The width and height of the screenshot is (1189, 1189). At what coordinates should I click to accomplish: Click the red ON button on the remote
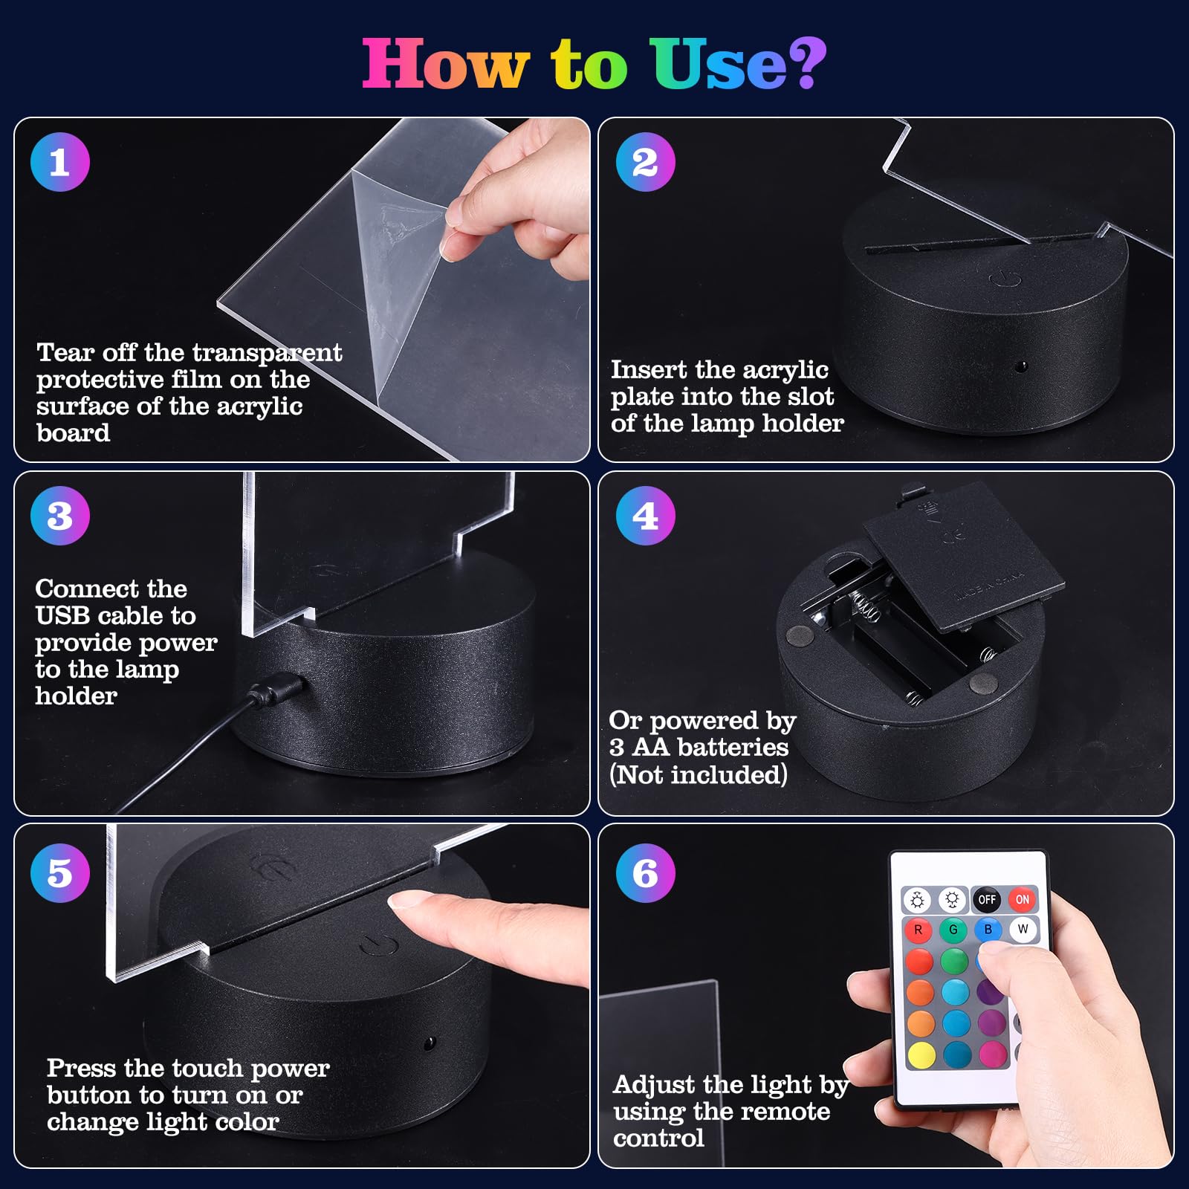click(1022, 900)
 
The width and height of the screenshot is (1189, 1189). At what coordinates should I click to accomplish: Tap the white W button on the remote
click(1023, 930)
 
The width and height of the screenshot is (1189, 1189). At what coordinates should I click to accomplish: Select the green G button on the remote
click(953, 930)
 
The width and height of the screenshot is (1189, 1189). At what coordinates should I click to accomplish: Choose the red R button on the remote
click(919, 930)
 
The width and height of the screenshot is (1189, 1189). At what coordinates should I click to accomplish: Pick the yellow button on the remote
click(921, 1054)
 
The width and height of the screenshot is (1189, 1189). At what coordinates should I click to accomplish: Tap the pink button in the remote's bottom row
click(993, 1054)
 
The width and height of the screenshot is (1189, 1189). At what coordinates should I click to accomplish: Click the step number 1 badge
click(60, 162)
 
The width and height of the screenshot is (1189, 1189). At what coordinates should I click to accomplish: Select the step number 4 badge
click(645, 516)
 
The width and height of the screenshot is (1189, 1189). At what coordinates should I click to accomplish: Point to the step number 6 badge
click(645, 873)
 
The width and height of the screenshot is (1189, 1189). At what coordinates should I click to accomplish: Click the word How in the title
click(446, 64)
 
